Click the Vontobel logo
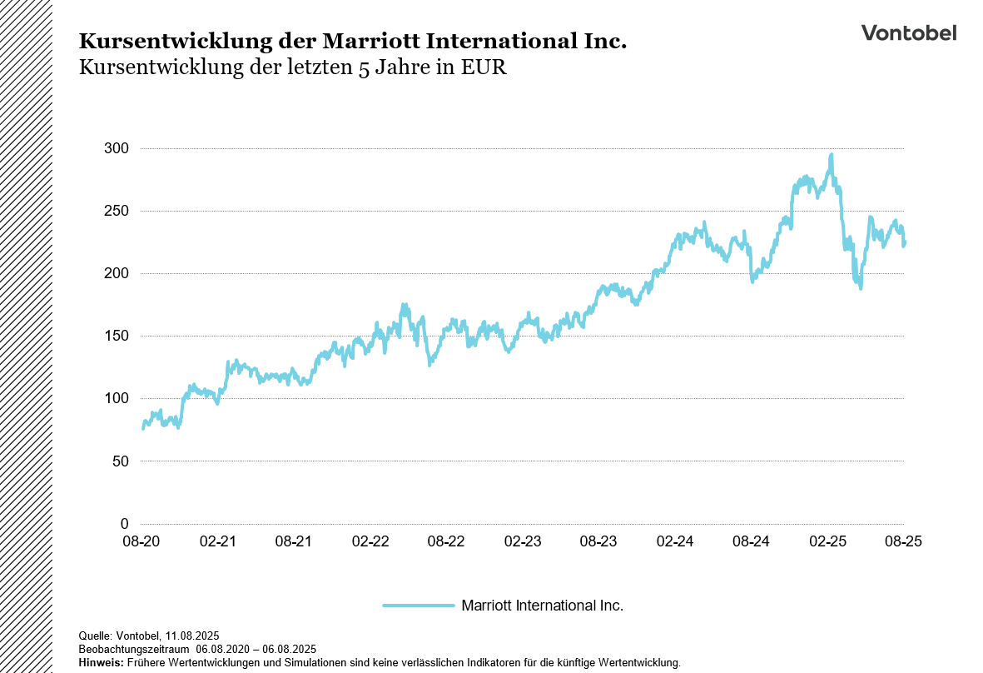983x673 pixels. coord(908,32)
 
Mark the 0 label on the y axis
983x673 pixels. coord(124,524)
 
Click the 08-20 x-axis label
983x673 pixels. coord(141,541)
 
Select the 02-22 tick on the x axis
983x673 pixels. coord(370,541)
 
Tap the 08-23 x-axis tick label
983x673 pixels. coord(598,541)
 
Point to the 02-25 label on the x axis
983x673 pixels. coord(827,541)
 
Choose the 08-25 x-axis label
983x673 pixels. coord(904,541)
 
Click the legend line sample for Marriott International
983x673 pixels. coord(418,606)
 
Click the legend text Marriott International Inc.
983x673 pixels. coord(542,606)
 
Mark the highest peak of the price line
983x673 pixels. coord(831,154)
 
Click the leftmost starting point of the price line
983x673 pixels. coord(143,429)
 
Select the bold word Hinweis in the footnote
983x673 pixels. coord(100,663)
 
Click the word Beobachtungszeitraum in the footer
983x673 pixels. coord(134,649)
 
